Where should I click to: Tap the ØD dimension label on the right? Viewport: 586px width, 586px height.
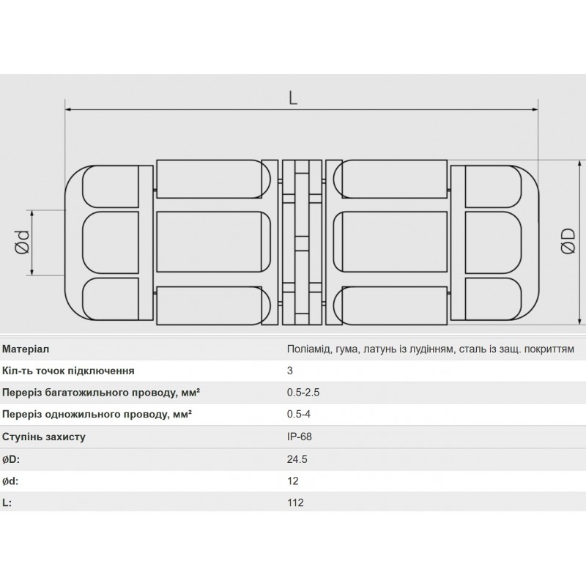568,242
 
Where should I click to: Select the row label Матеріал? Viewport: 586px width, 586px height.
26,349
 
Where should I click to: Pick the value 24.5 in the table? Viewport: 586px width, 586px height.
297,459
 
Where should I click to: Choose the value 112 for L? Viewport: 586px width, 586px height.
295,503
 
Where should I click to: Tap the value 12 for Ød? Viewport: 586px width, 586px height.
293,481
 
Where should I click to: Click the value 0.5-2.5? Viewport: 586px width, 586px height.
303,393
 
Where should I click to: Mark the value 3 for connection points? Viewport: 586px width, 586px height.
290,371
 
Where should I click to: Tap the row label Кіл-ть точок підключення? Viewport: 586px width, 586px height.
68,371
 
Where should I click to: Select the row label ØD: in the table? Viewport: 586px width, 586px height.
11,459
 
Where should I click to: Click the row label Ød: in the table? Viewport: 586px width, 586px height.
11,481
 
